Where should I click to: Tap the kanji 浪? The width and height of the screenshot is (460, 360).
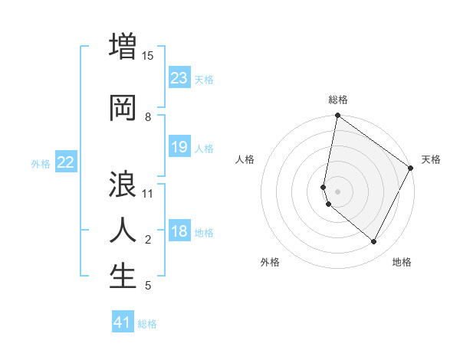click(x=123, y=186)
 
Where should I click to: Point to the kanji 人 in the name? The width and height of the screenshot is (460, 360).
click(x=123, y=231)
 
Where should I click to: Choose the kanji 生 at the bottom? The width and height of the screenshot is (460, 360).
click(x=123, y=277)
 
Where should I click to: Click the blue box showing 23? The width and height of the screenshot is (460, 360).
click(x=179, y=78)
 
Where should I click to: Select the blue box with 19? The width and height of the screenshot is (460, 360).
click(x=179, y=147)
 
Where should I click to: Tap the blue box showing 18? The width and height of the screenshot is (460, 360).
click(x=179, y=232)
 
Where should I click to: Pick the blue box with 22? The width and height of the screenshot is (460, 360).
click(x=66, y=162)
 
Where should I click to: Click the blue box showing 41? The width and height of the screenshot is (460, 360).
click(x=123, y=322)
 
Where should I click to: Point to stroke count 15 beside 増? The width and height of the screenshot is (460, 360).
click(x=148, y=55)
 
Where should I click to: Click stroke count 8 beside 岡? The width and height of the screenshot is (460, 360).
click(x=148, y=117)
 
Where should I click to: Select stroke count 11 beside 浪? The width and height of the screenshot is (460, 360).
click(x=148, y=193)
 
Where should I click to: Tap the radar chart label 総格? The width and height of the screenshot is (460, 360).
click(x=338, y=100)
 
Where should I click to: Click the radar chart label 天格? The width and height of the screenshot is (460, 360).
click(x=431, y=159)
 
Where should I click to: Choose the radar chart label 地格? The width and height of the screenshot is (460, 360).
click(x=402, y=262)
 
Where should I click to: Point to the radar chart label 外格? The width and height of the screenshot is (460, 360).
click(x=270, y=262)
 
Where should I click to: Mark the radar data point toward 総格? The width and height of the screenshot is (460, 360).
click(x=337, y=116)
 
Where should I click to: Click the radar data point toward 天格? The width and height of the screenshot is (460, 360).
click(x=411, y=169)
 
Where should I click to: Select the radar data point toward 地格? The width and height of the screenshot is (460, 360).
click(x=374, y=242)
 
